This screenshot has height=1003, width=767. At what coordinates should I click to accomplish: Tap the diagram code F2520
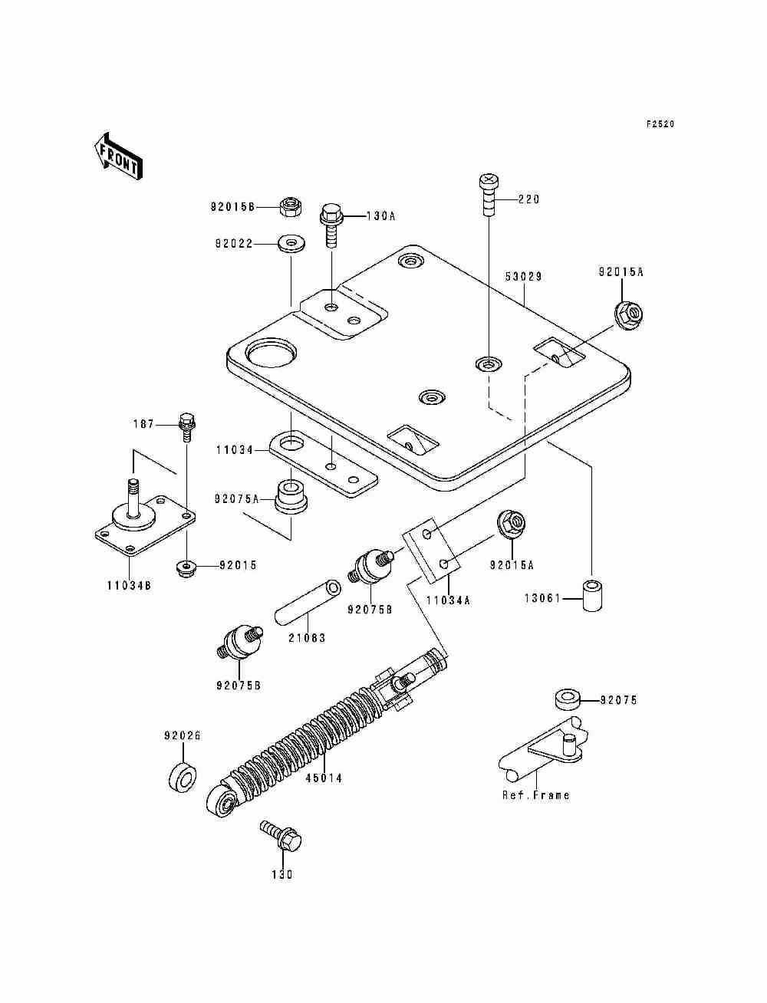[x=660, y=124]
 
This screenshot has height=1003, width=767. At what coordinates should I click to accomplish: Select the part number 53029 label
[x=524, y=277]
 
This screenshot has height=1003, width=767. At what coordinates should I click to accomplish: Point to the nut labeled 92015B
[x=290, y=206]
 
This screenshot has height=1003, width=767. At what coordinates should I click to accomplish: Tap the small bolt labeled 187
[x=186, y=426]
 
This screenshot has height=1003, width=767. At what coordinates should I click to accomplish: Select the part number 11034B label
[x=129, y=586]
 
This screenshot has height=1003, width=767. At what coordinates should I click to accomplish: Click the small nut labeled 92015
[x=186, y=568]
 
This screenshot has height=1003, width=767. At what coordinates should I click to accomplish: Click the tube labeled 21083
[x=306, y=605]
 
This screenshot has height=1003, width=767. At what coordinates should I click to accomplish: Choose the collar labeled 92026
[x=183, y=778]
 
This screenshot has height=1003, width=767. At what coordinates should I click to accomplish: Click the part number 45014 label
[x=324, y=778]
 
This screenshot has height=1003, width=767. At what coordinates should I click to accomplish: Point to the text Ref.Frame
[x=536, y=795]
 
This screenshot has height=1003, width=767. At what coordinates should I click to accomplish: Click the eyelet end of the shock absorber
[x=223, y=801]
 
